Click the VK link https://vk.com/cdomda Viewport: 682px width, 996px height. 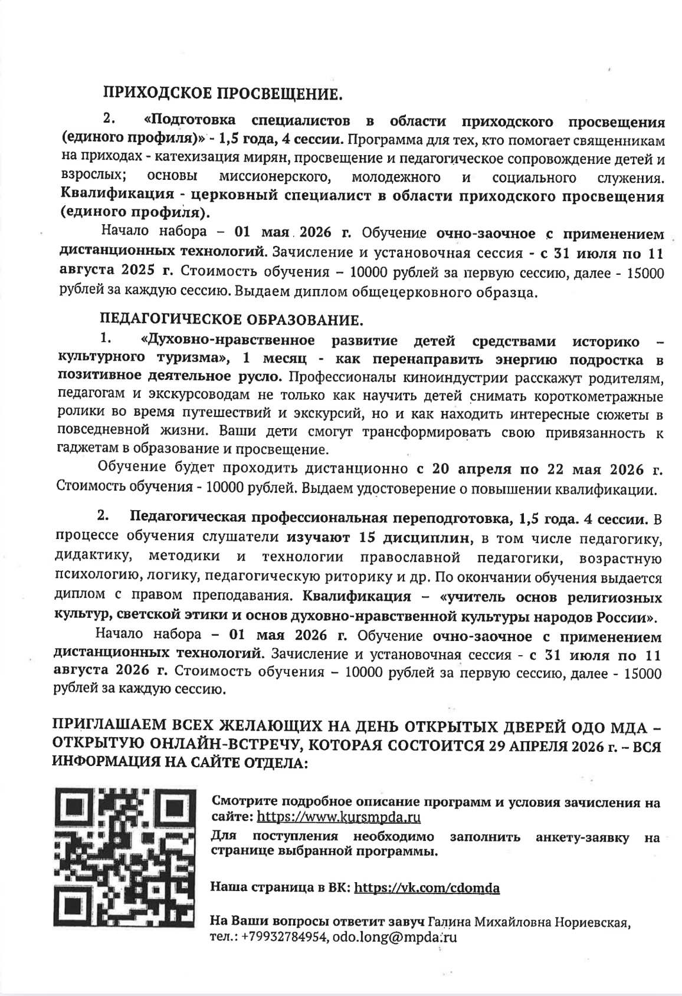coord(427,887)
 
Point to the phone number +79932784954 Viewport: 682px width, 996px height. coord(285,936)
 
